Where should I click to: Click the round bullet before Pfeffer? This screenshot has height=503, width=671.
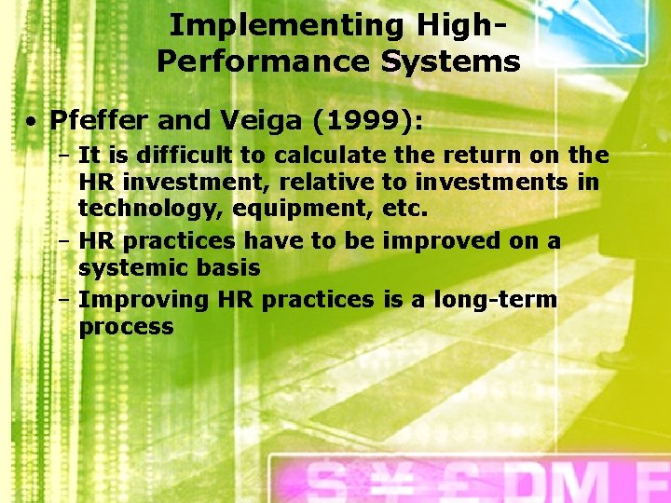32,121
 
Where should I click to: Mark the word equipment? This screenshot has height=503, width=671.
295,208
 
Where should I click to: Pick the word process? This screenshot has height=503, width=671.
126,327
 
